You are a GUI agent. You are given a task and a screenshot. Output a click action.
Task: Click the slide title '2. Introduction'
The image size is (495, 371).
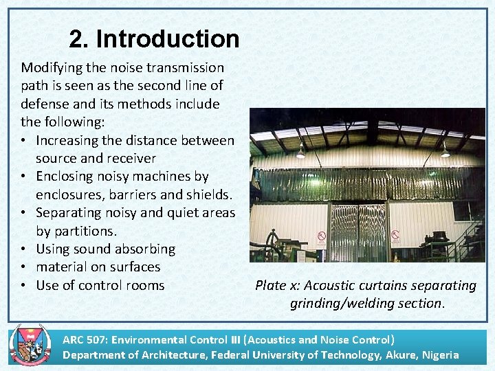point(154,39)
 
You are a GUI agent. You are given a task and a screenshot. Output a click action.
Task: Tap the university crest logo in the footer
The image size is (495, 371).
point(25,346)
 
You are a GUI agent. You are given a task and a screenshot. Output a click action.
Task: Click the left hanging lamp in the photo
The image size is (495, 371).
point(300,151)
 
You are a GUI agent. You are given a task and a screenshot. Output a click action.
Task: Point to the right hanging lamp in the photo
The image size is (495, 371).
point(445,150)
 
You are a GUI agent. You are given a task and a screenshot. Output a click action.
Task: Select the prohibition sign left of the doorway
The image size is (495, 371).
point(321,238)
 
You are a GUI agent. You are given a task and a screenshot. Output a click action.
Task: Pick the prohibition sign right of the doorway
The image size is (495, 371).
point(396,236)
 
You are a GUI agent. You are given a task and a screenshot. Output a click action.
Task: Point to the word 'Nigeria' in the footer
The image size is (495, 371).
point(437,355)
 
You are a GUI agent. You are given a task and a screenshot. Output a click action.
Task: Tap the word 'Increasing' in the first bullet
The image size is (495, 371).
point(67,140)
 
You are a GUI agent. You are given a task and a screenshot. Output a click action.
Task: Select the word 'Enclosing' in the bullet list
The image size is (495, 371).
point(66,177)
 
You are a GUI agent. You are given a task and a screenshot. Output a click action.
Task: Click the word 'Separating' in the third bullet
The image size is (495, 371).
point(69,213)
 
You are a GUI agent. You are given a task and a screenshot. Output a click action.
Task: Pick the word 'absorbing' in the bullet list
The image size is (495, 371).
point(144,249)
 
